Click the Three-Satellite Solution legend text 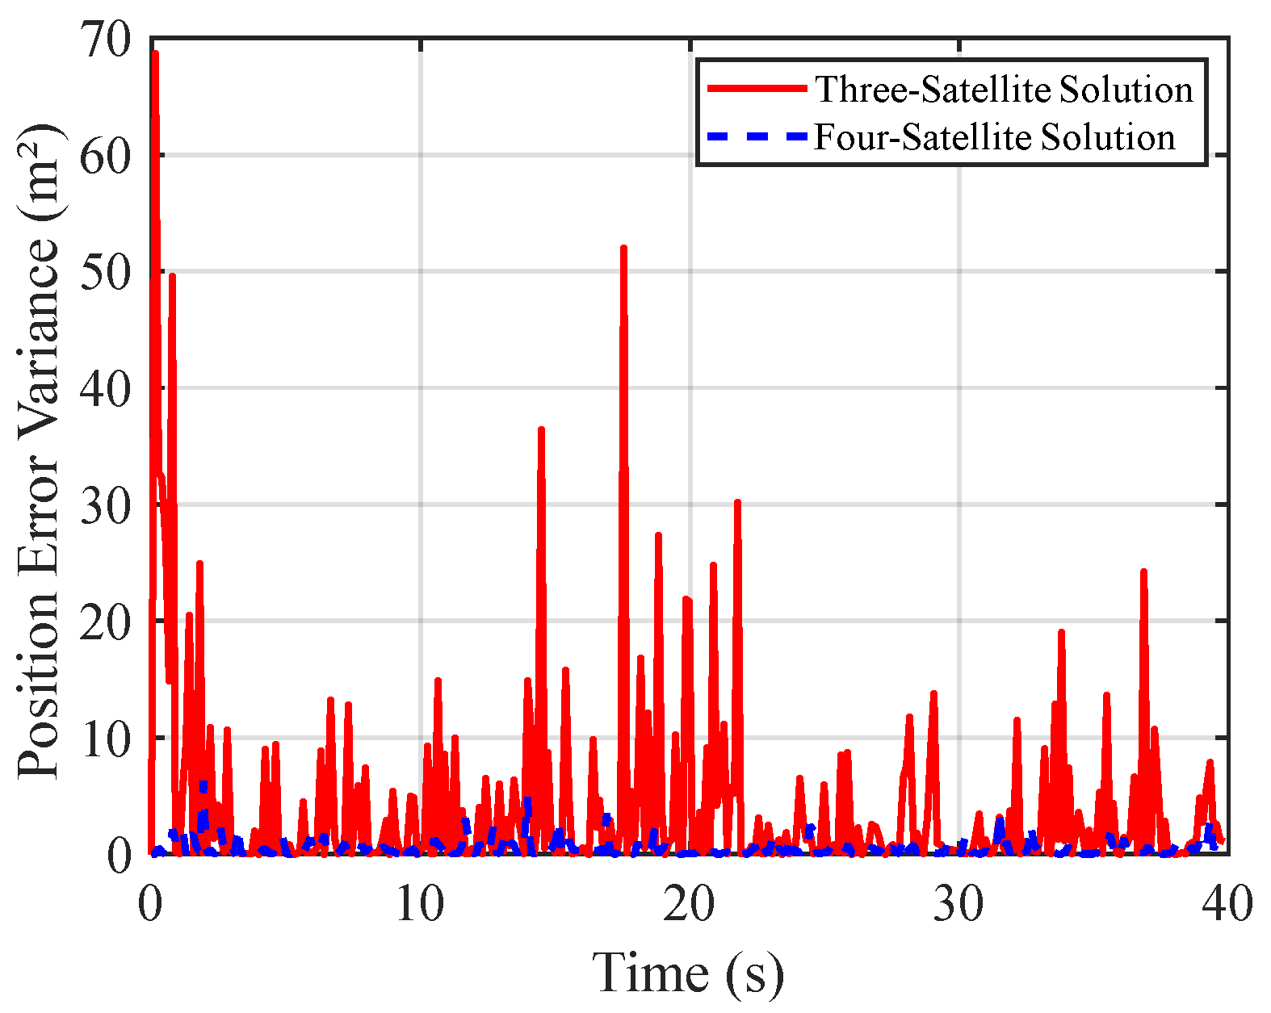pos(1004,89)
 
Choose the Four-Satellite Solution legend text pos(994,137)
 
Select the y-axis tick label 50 pos(105,272)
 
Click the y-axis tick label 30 pos(105,505)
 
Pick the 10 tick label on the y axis pos(105,739)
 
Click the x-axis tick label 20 pos(689,904)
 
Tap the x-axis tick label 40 pos(1227,904)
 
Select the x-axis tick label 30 pos(958,904)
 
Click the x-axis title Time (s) pos(688,972)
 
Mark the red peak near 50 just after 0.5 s pos(172,277)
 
